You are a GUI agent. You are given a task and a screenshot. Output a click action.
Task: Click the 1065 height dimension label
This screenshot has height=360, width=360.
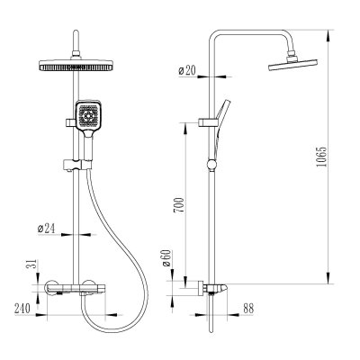click(321, 157)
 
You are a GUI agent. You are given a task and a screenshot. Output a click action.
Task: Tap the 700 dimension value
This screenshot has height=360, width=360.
click(178, 205)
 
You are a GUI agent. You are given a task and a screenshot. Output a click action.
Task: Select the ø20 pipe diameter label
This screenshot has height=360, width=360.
click(187, 71)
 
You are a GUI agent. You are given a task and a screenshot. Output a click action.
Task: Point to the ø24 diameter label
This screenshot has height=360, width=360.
click(46, 229)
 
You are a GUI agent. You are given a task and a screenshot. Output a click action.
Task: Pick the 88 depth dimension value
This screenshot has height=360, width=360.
click(248, 308)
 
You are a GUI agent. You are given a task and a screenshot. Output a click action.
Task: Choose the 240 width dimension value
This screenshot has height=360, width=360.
click(22, 309)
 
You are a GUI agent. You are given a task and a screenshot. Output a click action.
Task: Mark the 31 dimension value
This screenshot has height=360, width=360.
click(33, 264)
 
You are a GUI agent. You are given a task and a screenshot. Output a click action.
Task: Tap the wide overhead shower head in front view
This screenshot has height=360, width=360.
click(76, 66)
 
